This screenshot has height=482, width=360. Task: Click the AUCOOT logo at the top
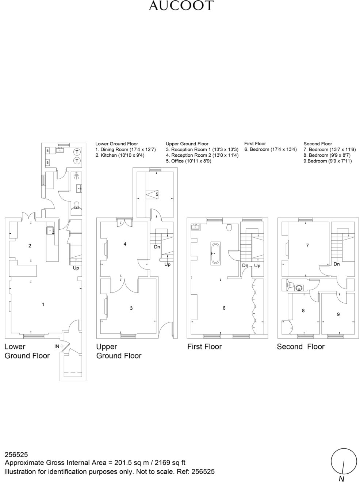[181, 5]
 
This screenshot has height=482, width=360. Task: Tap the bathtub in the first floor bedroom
[215, 253]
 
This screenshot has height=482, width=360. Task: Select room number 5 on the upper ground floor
[157, 194]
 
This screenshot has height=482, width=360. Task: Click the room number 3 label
[131, 308]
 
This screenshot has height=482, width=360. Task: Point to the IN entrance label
[57, 346]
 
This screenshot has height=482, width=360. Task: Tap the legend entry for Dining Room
[125, 150]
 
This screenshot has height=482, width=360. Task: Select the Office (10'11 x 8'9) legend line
[188, 161]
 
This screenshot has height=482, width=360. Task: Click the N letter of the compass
[341, 479]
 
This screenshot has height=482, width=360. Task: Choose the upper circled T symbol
[77, 152]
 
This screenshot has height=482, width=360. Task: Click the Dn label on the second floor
[337, 264]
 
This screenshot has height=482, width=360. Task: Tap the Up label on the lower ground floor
[76, 268]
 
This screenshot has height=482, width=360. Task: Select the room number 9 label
[338, 314]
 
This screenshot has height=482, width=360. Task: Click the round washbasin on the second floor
[299, 288]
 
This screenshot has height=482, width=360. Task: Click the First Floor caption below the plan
[204, 347]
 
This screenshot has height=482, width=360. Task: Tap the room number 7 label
[307, 245]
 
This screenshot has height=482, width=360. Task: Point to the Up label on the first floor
[257, 266]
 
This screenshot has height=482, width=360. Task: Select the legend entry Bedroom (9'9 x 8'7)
[327, 155]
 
